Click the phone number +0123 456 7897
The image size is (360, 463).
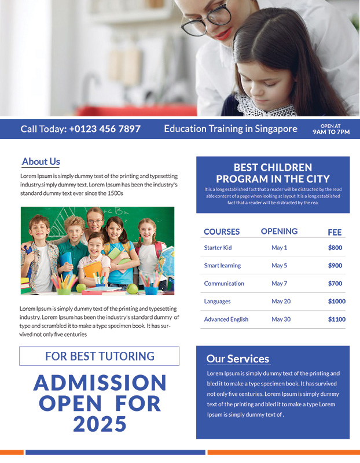[105, 129]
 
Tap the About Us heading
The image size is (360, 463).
[41, 162]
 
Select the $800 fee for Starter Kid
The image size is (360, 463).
[335, 248]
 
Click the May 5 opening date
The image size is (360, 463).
[279, 266]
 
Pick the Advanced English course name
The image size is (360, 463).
[226, 319]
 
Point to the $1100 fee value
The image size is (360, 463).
[336, 319]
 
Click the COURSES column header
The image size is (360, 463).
[222, 232]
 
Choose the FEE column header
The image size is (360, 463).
[335, 233]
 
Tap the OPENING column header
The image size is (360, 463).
[279, 231]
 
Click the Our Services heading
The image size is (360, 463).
[238, 359]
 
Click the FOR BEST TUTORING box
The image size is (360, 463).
[100, 356]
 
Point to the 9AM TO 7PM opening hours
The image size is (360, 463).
[331, 131]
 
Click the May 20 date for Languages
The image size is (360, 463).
[281, 302]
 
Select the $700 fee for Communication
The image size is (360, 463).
[335, 284]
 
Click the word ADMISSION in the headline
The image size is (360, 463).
[100, 383]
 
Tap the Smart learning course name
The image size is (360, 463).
[222, 266]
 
